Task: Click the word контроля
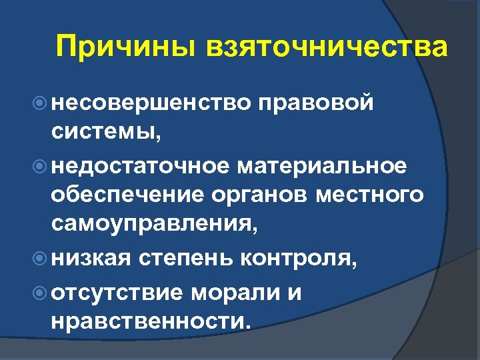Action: tap(301, 259)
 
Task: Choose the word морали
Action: tap(247, 291)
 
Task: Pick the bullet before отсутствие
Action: tap(40, 290)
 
